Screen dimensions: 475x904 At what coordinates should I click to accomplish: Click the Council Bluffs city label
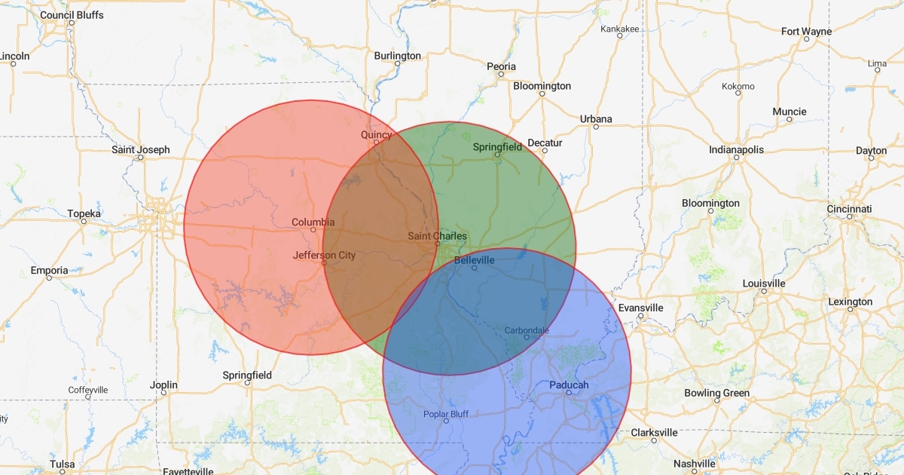click(x=72, y=14)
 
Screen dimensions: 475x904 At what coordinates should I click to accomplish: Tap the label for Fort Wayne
click(x=806, y=31)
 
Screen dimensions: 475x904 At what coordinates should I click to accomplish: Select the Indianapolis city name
click(x=736, y=149)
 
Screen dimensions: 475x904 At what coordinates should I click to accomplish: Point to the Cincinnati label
click(x=848, y=208)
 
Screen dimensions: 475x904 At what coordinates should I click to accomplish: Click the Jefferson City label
click(x=324, y=255)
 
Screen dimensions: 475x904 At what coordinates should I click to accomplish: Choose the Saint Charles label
click(x=437, y=236)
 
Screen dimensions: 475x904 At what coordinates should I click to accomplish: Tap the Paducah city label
click(x=569, y=385)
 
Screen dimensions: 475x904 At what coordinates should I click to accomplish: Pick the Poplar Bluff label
click(x=446, y=413)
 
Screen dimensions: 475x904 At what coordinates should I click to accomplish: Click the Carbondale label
click(x=527, y=330)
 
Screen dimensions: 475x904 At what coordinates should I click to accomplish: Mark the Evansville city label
click(x=640, y=308)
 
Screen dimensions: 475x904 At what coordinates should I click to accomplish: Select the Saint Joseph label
click(x=141, y=149)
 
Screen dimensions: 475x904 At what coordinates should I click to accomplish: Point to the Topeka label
click(x=84, y=213)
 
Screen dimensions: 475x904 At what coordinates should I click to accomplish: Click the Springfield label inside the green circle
click(x=497, y=147)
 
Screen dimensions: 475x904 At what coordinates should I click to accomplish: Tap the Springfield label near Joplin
click(x=247, y=375)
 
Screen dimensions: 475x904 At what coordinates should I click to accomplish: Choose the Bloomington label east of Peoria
click(x=542, y=86)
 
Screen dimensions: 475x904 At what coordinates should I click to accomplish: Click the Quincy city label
click(x=376, y=135)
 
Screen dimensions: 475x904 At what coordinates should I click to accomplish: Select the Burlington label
click(x=398, y=56)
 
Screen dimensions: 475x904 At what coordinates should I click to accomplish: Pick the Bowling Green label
click(x=716, y=393)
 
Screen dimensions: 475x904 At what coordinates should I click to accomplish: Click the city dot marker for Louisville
click(x=764, y=291)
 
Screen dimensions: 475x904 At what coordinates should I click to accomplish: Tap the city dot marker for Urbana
click(x=596, y=127)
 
